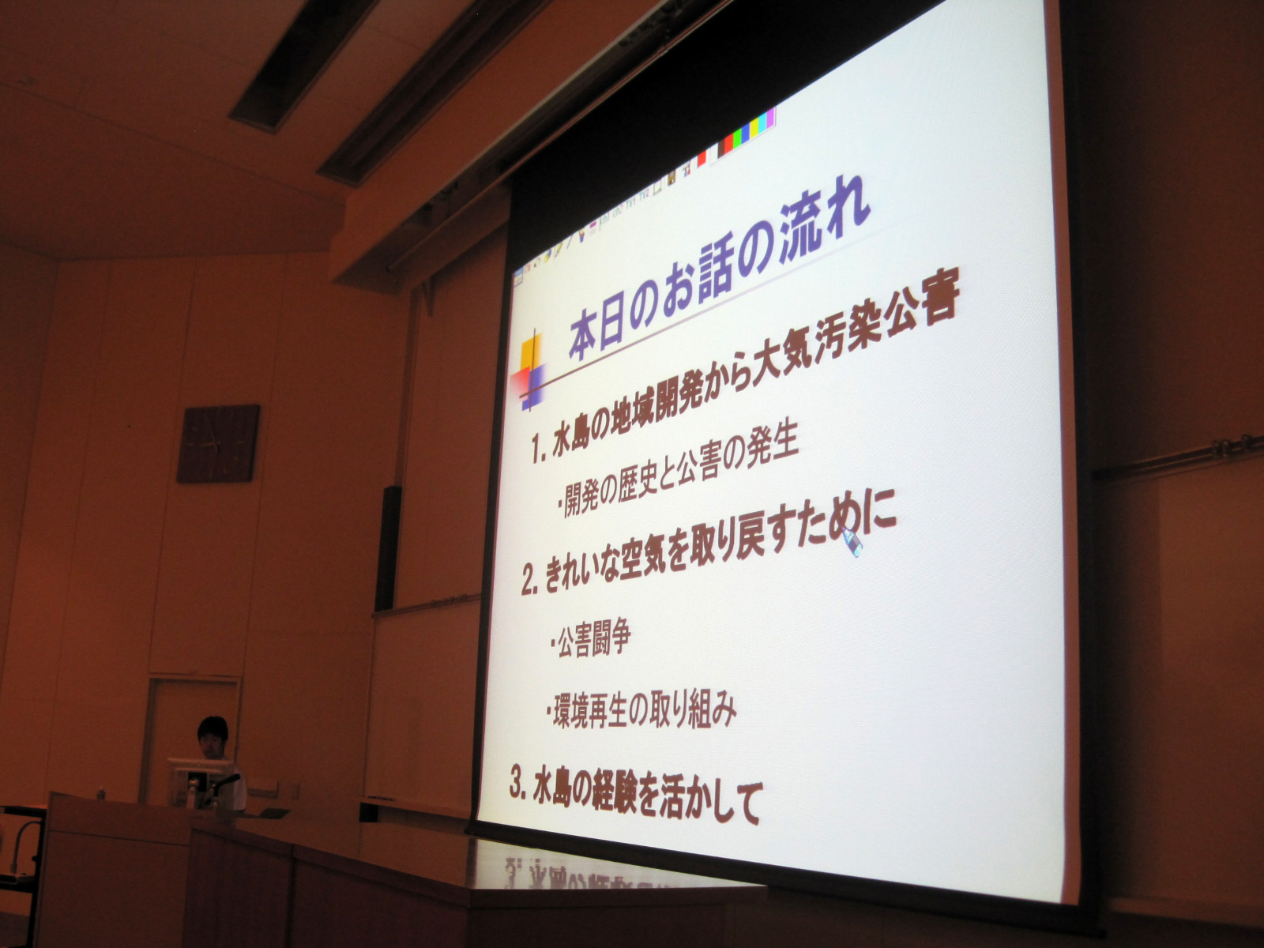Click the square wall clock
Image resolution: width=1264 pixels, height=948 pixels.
(218, 444)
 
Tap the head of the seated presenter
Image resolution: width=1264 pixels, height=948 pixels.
(213, 736)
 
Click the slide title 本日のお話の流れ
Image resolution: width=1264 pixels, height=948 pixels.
(719, 270)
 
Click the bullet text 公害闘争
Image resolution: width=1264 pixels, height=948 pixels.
(589, 638)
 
